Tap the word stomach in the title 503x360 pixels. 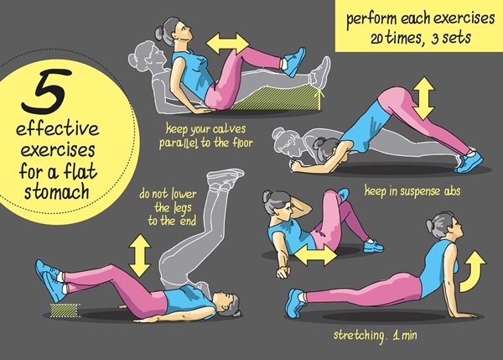[57, 191]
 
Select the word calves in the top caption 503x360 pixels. [229, 129]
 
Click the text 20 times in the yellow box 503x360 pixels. [394, 39]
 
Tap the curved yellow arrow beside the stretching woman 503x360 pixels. [473, 272]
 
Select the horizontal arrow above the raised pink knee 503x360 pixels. [228, 44]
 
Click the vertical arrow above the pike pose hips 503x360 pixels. [423, 98]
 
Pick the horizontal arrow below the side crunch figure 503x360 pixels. [316, 255]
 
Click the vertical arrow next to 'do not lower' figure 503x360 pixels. [140, 256]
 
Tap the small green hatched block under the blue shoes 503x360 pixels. [65, 310]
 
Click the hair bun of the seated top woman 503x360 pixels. [159, 33]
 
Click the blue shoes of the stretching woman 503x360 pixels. [295, 303]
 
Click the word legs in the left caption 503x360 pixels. [182, 208]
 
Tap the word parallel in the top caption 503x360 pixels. [179, 143]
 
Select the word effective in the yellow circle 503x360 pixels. [58, 128]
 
